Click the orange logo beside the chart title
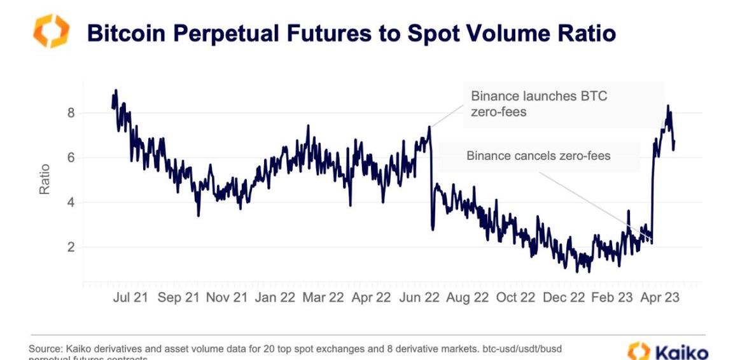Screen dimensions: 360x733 (x=51, y=31)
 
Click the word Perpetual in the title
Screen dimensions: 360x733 (x=216, y=33)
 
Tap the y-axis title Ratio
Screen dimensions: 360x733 (x=45, y=180)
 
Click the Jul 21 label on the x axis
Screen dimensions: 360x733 (x=130, y=297)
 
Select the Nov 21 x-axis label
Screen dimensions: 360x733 (x=227, y=297)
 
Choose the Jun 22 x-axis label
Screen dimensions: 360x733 (x=419, y=297)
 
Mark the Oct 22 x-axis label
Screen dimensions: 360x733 (x=515, y=297)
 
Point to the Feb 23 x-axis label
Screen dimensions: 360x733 (x=611, y=297)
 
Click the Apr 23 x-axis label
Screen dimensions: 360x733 (x=660, y=297)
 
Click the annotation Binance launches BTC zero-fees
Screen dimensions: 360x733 (x=539, y=104)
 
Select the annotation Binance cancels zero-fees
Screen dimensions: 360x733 (x=538, y=155)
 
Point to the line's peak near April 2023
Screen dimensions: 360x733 (x=667, y=106)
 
